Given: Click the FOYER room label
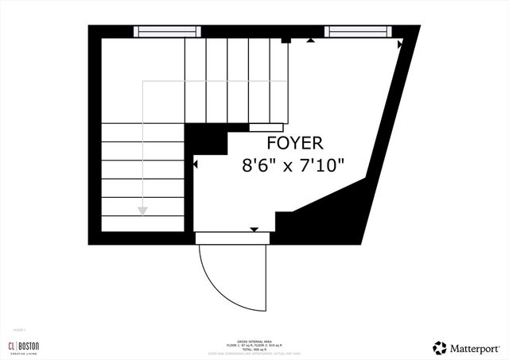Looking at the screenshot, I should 294,144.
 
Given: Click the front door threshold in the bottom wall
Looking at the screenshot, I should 233,237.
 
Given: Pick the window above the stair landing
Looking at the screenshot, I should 167,31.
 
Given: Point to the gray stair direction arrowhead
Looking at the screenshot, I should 142,211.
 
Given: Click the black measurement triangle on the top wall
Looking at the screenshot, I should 310,39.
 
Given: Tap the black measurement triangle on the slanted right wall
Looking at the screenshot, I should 400,46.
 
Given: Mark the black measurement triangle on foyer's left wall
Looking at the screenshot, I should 196,165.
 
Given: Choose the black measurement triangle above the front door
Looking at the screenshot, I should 254,230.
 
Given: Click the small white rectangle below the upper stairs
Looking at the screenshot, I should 266,126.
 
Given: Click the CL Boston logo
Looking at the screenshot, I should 23,346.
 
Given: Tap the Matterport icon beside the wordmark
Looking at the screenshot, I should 439,347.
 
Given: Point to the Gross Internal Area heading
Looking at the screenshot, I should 254,339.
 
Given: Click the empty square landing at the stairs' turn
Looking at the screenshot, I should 142,79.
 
